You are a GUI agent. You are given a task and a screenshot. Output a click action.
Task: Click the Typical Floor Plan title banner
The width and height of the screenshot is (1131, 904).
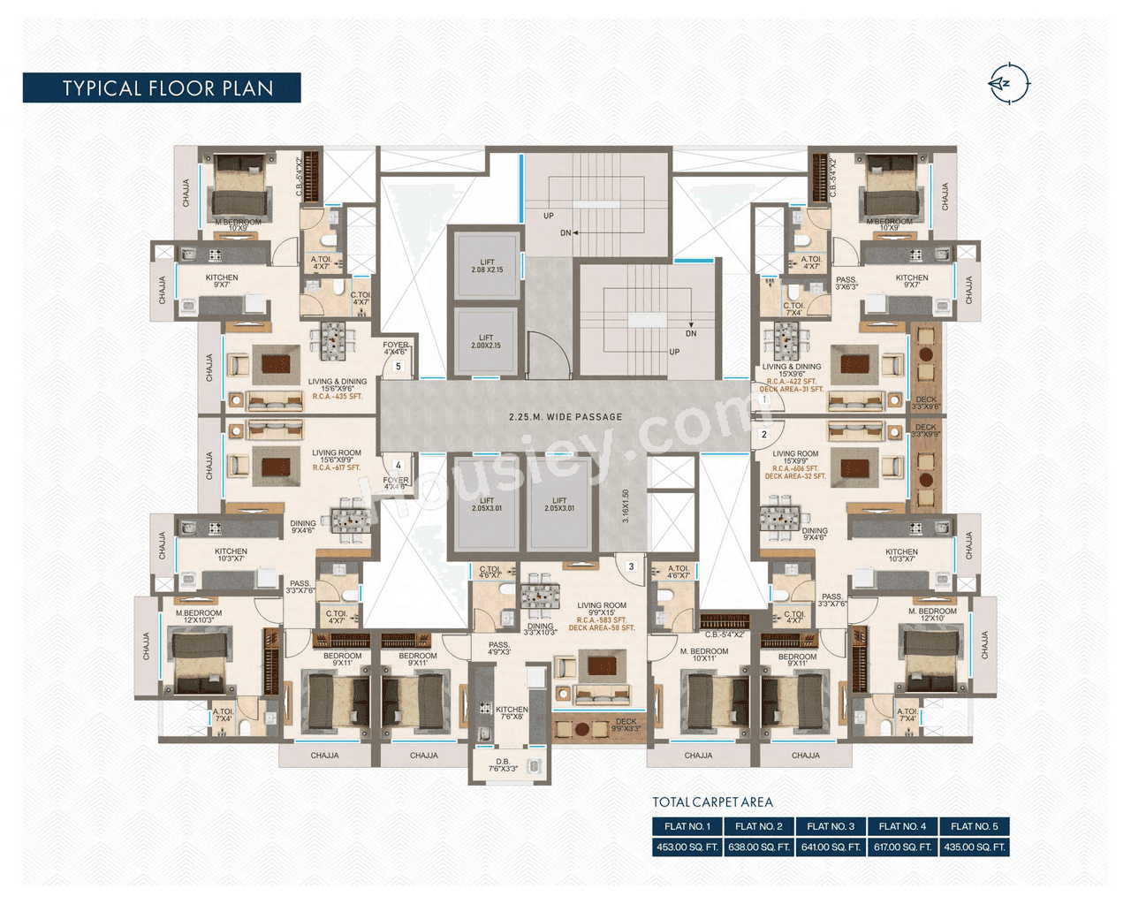[x=162, y=88]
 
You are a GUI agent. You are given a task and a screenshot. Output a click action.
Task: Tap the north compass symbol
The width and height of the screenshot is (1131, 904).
[x=1008, y=84]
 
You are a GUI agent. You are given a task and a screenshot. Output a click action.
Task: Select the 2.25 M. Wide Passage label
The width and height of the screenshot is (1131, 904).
[x=565, y=417]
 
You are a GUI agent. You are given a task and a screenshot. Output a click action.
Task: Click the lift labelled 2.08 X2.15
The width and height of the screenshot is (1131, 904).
[x=487, y=266]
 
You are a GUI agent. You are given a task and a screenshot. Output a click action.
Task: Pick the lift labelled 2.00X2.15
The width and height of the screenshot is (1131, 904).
[x=486, y=341]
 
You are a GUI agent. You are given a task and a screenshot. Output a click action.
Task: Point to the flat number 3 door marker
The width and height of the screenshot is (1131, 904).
[x=631, y=566]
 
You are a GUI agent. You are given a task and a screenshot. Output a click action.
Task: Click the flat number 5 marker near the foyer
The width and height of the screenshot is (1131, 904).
[x=399, y=366]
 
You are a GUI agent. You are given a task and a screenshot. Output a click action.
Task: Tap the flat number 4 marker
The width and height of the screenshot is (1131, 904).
[x=399, y=465]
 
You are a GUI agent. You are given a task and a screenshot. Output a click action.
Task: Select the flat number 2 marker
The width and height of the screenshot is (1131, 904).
[x=764, y=435]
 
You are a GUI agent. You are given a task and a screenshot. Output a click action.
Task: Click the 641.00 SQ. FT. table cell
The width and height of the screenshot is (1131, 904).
[x=831, y=847]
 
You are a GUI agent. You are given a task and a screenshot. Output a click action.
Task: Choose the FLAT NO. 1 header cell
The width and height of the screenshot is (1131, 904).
[x=687, y=826]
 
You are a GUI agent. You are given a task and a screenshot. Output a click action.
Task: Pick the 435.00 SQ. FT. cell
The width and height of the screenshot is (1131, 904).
[x=974, y=847]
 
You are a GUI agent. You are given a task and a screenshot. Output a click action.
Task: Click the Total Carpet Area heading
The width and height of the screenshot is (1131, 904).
[x=712, y=802]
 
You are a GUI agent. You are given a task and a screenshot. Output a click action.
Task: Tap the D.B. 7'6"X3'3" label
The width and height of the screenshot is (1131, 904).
[x=503, y=765]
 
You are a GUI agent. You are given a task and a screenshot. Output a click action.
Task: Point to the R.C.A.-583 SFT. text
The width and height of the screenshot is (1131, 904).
[x=602, y=620]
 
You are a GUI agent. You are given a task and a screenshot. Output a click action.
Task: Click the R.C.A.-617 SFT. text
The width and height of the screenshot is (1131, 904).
[x=337, y=467]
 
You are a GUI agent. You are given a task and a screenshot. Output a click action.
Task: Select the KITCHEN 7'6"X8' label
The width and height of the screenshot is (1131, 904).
[x=512, y=713]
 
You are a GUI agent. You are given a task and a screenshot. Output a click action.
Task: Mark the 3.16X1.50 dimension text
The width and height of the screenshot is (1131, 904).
[x=626, y=506]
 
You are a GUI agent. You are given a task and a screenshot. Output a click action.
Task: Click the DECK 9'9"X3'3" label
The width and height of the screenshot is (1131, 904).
[x=626, y=725]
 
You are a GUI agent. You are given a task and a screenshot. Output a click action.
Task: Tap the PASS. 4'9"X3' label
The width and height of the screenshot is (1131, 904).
[x=499, y=649]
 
